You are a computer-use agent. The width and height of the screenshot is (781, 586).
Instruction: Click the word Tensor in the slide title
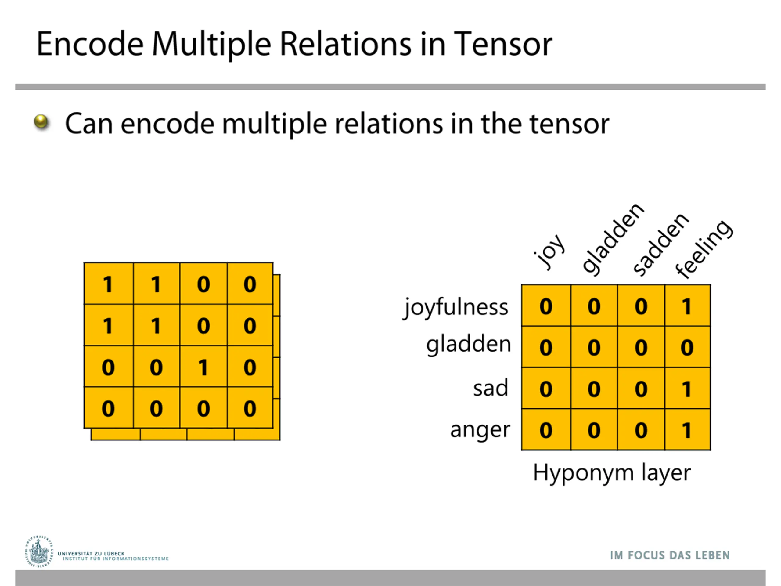(x=503, y=44)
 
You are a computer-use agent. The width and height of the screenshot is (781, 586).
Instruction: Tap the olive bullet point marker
(x=41, y=122)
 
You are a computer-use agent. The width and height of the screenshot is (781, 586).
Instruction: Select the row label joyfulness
(x=455, y=307)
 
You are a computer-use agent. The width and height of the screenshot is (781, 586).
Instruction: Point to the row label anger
(x=480, y=430)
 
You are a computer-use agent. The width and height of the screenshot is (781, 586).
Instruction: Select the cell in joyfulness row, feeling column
(x=687, y=306)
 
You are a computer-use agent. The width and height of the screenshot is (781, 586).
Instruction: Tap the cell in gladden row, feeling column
(x=687, y=347)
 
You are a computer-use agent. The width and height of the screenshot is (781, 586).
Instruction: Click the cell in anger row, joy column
(x=546, y=429)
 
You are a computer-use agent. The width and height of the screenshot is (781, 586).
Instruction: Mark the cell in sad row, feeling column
(x=687, y=388)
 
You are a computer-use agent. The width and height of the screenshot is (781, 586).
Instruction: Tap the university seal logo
(x=39, y=552)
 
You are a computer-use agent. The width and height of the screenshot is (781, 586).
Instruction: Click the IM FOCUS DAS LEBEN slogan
(x=670, y=555)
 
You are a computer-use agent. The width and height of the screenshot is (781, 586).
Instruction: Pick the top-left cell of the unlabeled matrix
(x=108, y=283)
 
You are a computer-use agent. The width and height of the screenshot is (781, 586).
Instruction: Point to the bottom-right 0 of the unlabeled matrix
(x=250, y=408)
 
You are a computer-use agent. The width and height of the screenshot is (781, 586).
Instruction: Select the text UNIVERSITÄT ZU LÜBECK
(x=91, y=554)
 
